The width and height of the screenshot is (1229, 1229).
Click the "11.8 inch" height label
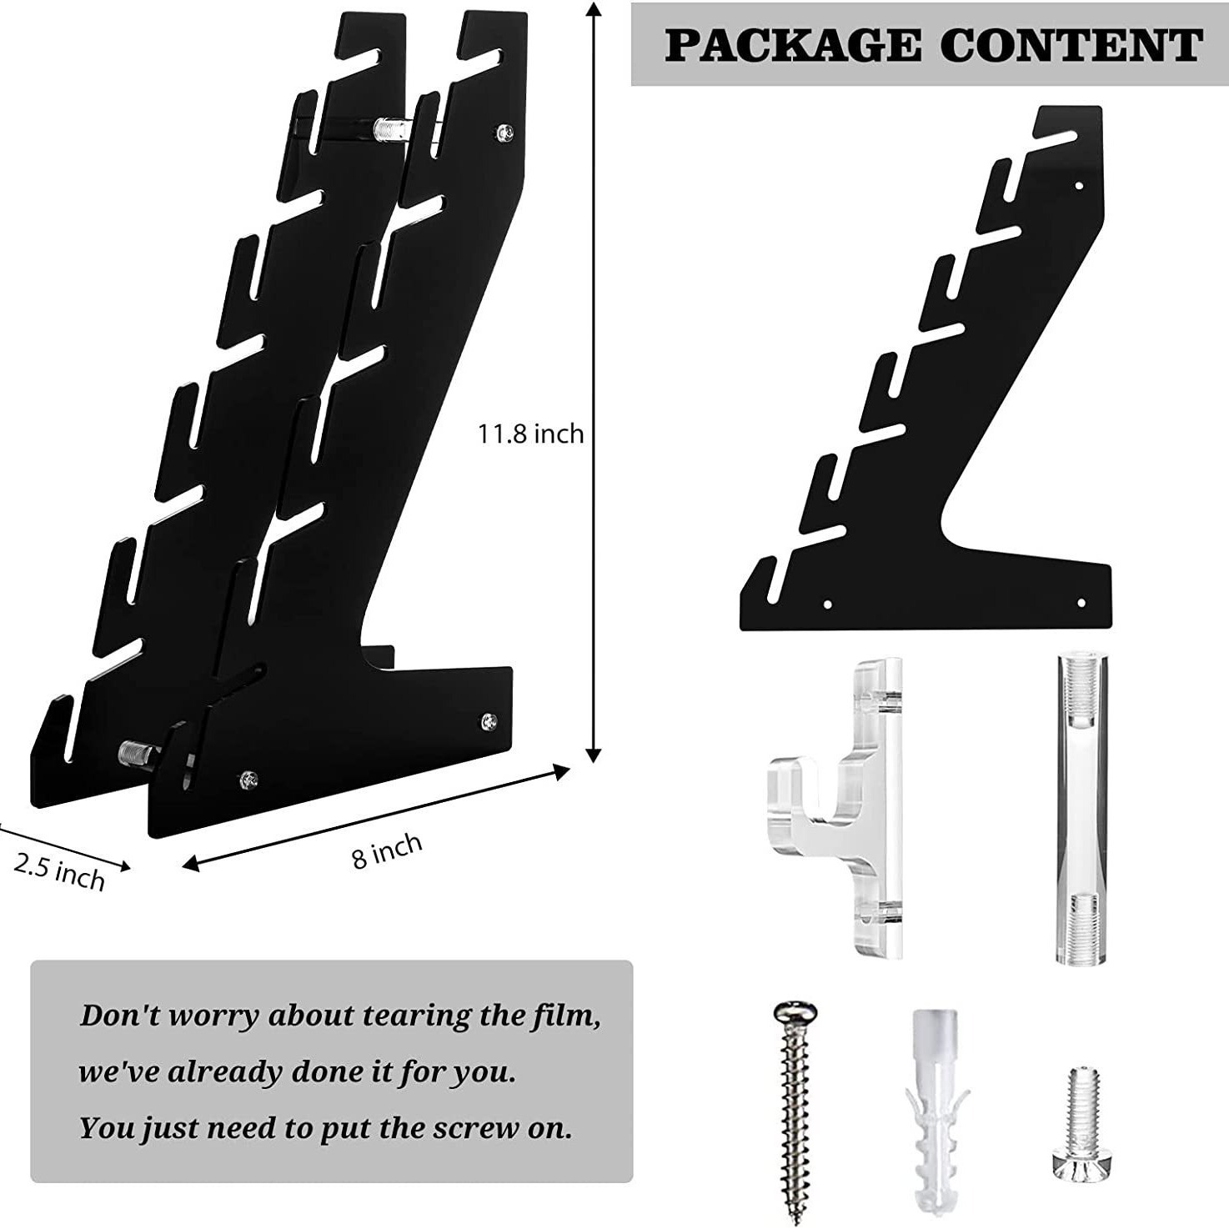coord(530,434)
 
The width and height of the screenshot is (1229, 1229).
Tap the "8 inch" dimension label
coord(387,850)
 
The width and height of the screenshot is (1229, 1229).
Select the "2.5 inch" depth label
coord(59,871)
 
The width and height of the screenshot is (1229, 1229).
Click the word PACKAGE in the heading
coord(790,45)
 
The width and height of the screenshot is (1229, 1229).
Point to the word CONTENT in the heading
coord(1071,45)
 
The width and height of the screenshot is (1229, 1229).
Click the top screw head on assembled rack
coord(505,132)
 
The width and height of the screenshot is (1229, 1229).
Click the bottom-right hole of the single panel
coord(1081,602)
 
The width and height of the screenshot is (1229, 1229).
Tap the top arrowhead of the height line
coord(594,8)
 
